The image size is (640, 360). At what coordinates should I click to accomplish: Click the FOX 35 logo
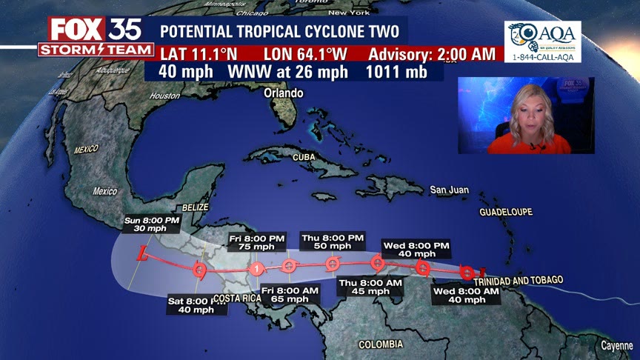pos(95,30)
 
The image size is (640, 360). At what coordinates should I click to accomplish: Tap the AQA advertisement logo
pos(542,41)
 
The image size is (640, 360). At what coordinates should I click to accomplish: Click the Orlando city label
pos(284,93)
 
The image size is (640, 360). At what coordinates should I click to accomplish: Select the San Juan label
pos(449,190)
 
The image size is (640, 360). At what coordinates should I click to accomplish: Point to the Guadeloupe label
pos(506,212)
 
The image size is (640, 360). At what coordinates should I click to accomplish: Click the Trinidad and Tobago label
pos(518,280)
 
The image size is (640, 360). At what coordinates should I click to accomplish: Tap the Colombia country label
pos(381,344)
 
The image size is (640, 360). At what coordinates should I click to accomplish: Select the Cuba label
pos(304,158)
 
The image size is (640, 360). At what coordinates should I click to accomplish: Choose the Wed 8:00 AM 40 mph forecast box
pos(466,295)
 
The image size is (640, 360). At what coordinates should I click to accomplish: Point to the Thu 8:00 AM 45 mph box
pos(370,287)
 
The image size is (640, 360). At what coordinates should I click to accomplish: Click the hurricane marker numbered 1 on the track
pos(256,268)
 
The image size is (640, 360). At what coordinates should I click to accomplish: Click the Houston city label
pos(164,96)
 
